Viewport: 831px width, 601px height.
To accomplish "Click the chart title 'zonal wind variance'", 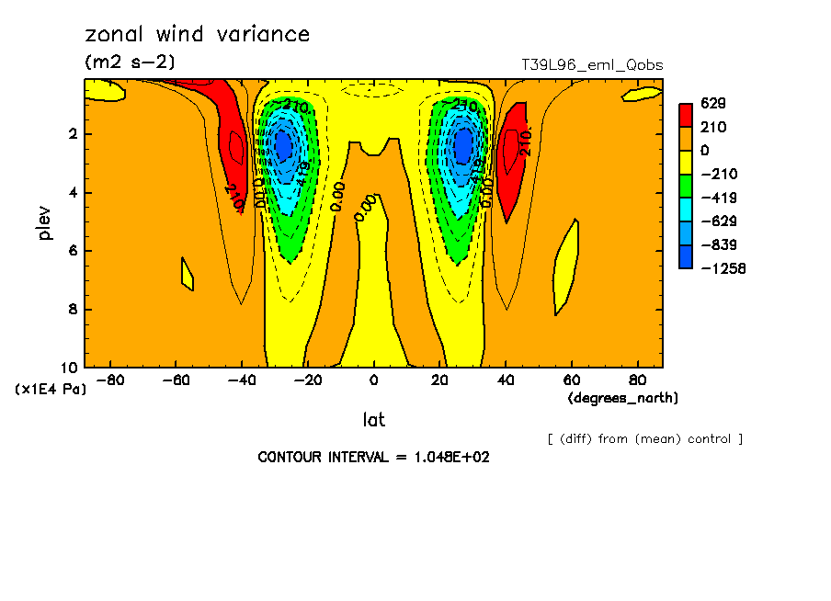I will [197, 35].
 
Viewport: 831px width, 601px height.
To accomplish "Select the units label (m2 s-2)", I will [130, 62].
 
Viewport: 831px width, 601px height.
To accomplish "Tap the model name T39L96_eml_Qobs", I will [591, 65].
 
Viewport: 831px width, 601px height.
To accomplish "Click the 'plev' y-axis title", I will [44, 221].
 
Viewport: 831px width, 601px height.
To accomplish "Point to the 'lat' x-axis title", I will [373, 420].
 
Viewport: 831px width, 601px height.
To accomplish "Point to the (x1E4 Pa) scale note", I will [51, 390].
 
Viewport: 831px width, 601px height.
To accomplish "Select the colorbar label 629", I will [711, 104].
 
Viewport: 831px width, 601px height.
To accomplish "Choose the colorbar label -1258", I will [720, 268].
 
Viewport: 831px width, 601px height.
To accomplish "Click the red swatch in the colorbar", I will [685, 115].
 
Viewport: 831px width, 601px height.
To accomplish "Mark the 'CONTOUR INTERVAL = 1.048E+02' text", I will [373, 457].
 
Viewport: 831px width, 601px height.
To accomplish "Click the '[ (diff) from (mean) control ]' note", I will [644, 439].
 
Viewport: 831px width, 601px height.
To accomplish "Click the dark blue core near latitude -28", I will [283, 145].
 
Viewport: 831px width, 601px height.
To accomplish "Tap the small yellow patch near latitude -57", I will [187, 274].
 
